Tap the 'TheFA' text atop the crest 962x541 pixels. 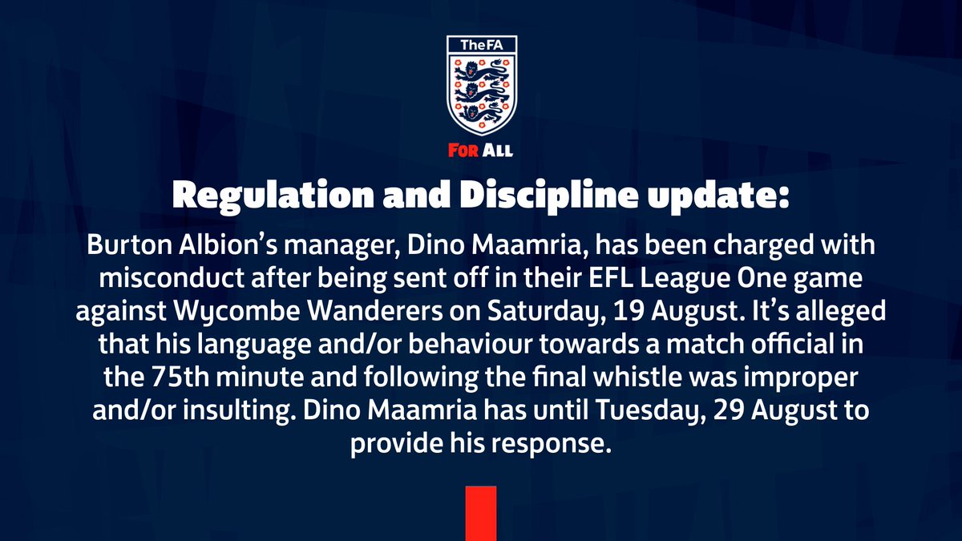[x=481, y=46]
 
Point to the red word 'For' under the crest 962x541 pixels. [x=463, y=151]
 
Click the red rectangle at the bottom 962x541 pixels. [x=481, y=513]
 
